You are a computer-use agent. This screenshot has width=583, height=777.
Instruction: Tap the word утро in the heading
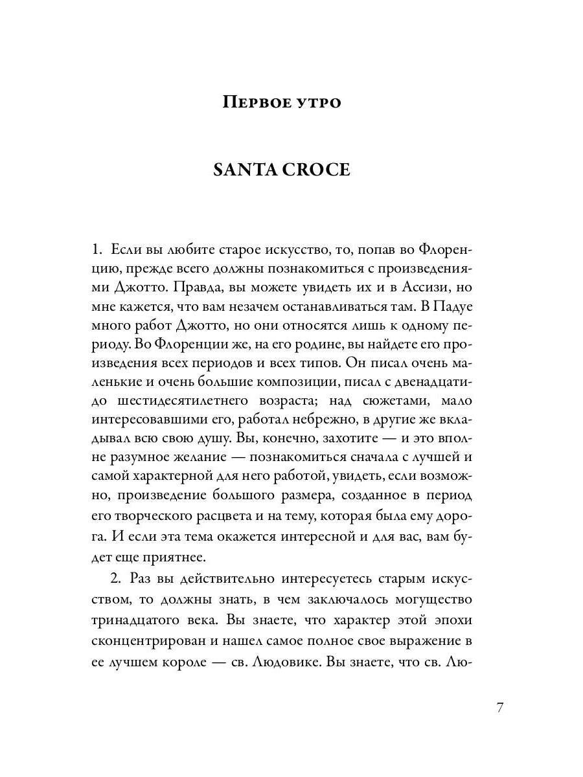318,102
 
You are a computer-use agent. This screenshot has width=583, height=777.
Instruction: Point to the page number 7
499,707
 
